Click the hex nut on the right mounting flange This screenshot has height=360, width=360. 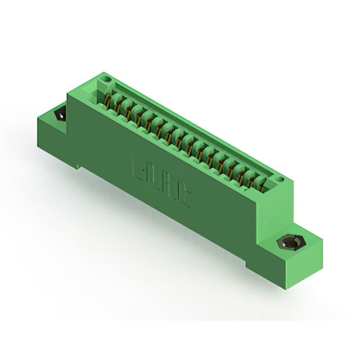290,244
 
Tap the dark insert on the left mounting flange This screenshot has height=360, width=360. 59,115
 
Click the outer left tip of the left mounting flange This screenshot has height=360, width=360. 38,118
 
